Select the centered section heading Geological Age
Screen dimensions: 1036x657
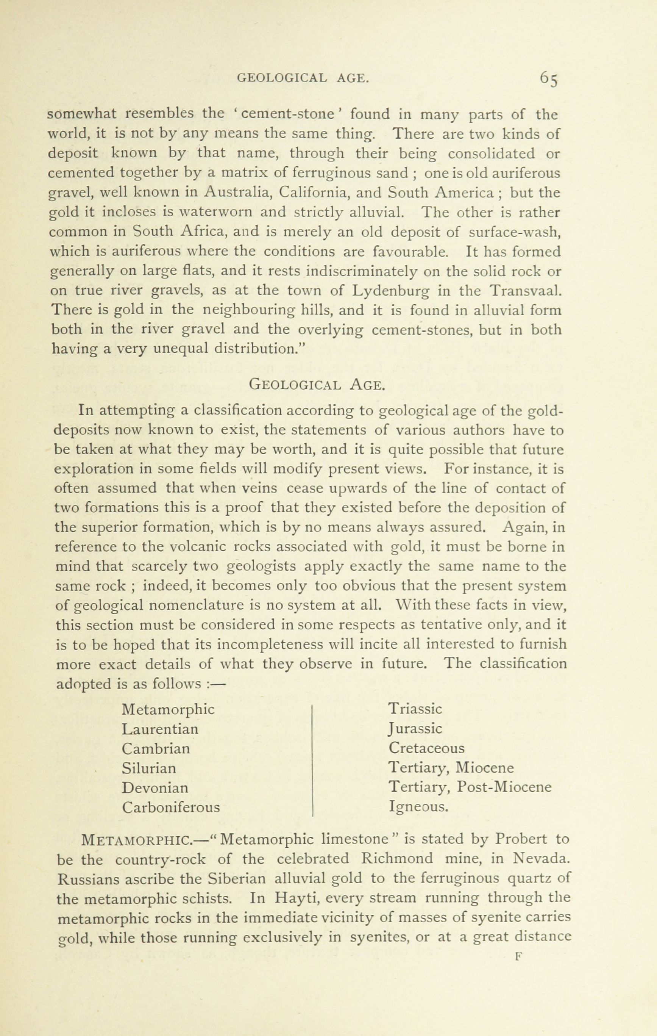click(x=317, y=384)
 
